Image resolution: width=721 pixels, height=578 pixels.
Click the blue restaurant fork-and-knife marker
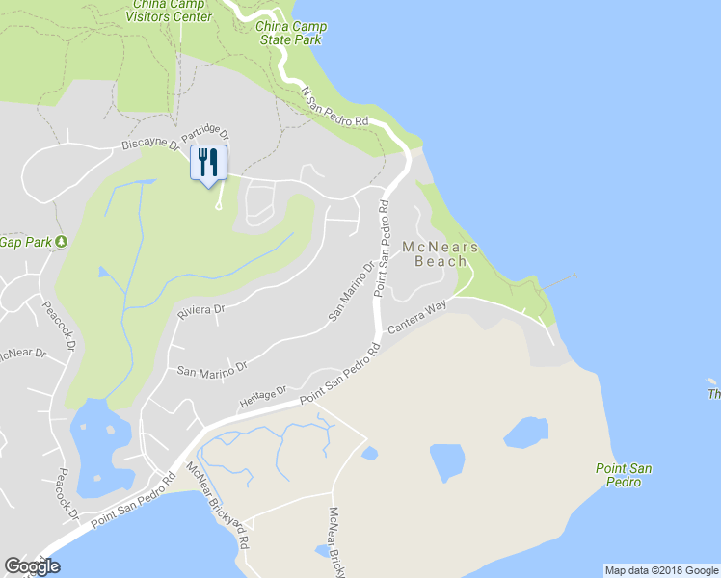coord(207,164)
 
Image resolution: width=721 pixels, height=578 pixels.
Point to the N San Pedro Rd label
coord(335,108)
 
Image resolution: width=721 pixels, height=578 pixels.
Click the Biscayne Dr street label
coord(150,144)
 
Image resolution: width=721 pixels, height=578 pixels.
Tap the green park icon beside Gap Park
coord(61,241)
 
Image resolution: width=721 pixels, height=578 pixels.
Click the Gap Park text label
coord(25,241)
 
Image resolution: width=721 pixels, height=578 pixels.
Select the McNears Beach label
coord(446,253)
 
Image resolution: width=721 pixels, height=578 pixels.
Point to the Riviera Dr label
coord(200,312)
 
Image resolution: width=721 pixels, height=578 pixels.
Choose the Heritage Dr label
coord(263,397)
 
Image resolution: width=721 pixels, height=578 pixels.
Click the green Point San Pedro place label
coord(624,475)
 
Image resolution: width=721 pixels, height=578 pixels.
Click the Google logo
coord(33,566)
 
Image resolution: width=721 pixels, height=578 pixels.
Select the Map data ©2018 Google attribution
coord(662,570)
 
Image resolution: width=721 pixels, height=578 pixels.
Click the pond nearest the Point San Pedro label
coord(527,433)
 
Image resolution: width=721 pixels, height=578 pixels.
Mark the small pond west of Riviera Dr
coord(104,272)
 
